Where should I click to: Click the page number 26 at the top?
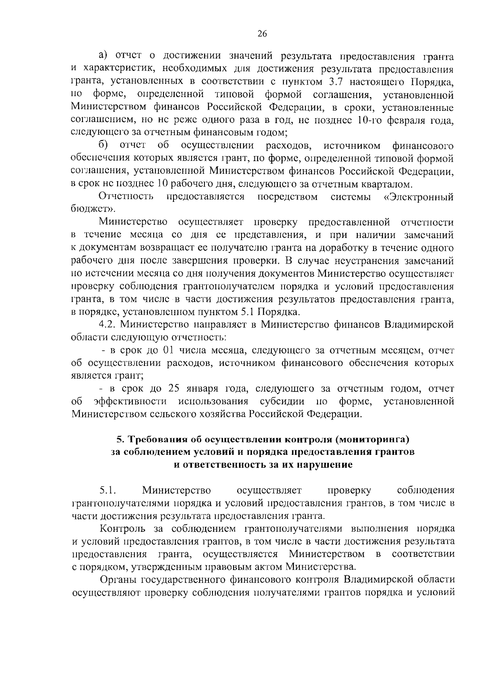coord(262,34)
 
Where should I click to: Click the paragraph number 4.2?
coord(108,324)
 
